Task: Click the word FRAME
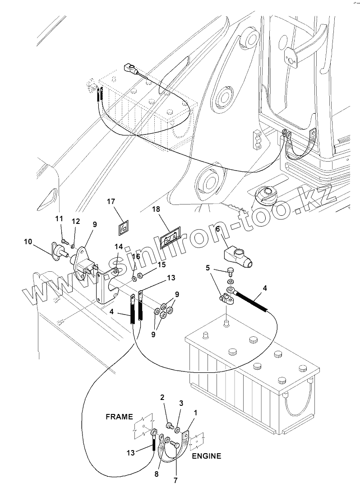point(119,417)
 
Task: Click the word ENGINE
point(207,456)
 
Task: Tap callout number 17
point(111,202)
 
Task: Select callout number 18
point(156,209)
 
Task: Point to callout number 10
point(28,242)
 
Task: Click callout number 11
point(59,219)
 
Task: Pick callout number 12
point(76,221)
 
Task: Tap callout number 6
point(217,229)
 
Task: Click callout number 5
point(208,268)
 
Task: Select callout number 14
point(119,247)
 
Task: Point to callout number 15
point(162,265)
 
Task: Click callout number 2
point(162,397)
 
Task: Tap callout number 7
point(175,480)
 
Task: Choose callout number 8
point(157,474)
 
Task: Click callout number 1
point(195,413)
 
